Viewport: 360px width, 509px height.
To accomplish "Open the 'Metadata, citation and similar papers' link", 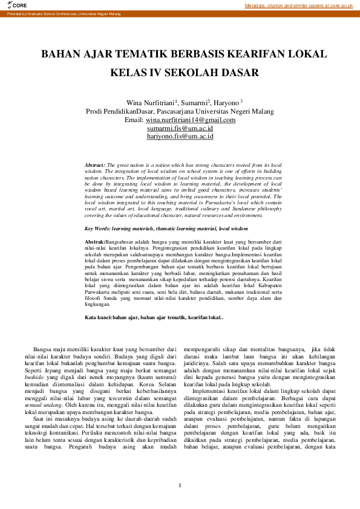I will [x=298, y=5].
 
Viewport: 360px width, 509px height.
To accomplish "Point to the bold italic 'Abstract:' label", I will [x=95, y=164].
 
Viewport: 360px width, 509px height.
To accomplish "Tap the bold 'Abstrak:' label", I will [x=95, y=242].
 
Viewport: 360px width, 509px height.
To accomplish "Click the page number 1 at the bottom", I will [x=180, y=487].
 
